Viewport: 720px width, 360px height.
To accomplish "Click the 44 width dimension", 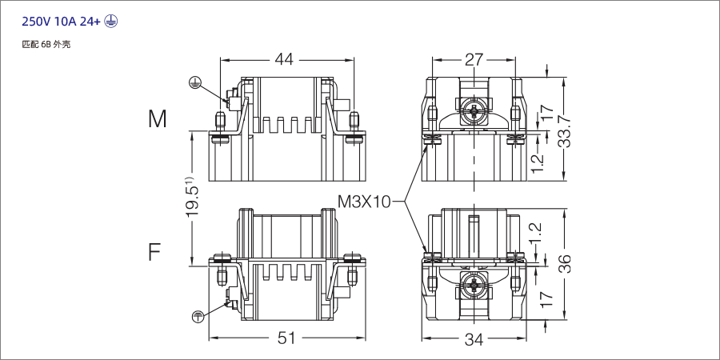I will (x=285, y=58).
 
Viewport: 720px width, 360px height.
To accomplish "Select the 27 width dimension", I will (x=474, y=58).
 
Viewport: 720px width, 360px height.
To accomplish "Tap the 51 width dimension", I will (x=286, y=338).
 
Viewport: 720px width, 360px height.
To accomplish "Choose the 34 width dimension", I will (x=474, y=339).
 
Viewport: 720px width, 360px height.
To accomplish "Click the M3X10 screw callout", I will (x=364, y=201).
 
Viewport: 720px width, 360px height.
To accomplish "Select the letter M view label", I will (x=158, y=119).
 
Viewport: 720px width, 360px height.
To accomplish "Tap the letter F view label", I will (x=155, y=253).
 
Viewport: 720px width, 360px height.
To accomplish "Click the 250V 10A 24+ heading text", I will (x=61, y=22).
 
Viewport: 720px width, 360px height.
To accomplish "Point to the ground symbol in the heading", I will (x=110, y=22).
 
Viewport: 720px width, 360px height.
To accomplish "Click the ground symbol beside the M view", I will (x=195, y=82).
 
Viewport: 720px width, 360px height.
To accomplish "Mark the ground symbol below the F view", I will (x=198, y=317).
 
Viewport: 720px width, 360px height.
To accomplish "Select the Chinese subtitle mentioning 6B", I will (x=46, y=44).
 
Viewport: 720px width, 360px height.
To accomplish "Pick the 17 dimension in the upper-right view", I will (x=546, y=113).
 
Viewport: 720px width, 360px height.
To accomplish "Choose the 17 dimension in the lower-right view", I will (x=546, y=298).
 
